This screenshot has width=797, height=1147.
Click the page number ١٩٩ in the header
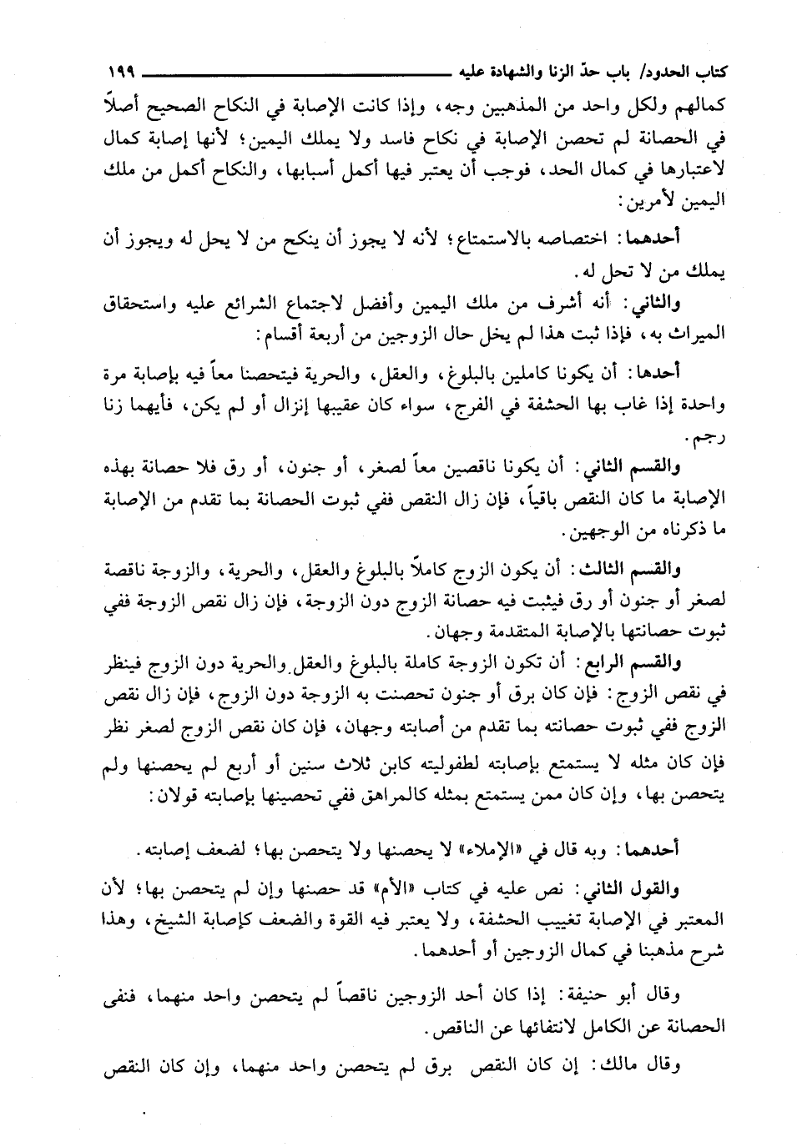click(122, 70)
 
